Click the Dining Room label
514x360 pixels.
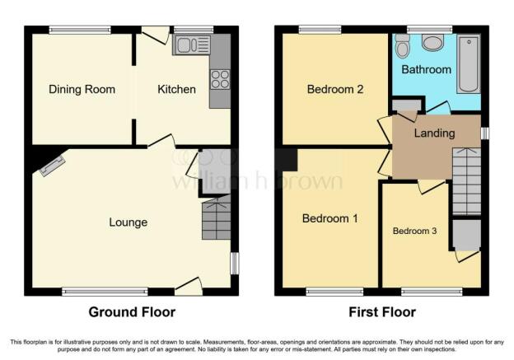(x=82, y=89)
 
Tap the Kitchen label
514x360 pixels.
(x=176, y=89)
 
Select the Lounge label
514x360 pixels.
(x=128, y=222)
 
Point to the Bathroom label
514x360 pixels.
(x=426, y=69)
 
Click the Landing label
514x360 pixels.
(x=434, y=133)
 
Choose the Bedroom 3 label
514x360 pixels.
(x=414, y=231)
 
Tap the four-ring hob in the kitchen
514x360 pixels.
(x=220, y=80)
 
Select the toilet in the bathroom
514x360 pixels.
(x=403, y=46)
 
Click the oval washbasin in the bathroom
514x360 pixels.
(x=432, y=43)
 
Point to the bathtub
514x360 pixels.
(x=469, y=64)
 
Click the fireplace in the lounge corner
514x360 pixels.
(x=52, y=166)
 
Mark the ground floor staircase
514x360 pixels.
(x=216, y=217)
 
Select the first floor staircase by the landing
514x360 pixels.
(x=466, y=181)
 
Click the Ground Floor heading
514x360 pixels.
(x=132, y=312)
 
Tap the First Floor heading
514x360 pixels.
(x=382, y=312)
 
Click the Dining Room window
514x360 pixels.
(x=80, y=30)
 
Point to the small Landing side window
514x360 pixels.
(x=485, y=133)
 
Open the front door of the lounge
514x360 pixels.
(x=188, y=286)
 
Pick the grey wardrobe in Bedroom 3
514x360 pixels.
(x=467, y=235)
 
